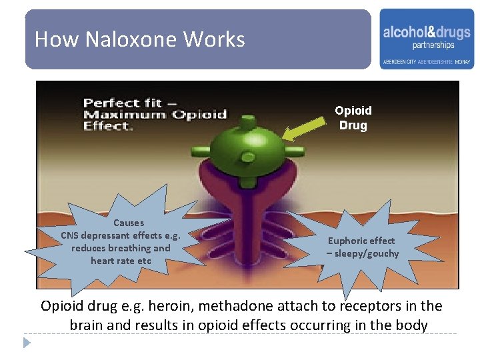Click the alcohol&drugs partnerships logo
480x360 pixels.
click(x=427, y=39)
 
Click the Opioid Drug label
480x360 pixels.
click(x=353, y=118)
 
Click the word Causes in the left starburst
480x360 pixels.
click(x=129, y=223)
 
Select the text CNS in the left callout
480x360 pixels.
click(x=71, y=235)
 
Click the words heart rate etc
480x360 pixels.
click(x=121, y=261)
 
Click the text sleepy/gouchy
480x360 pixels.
click(x=367, y=253)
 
